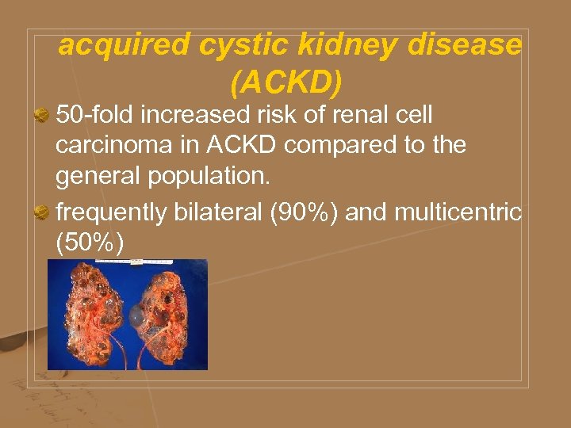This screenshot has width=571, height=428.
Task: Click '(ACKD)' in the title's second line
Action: (x=287, y=81)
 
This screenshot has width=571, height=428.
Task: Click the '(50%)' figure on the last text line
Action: (x=90, y=243)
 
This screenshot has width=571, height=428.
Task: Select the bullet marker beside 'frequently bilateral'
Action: (x=45, y=213)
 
